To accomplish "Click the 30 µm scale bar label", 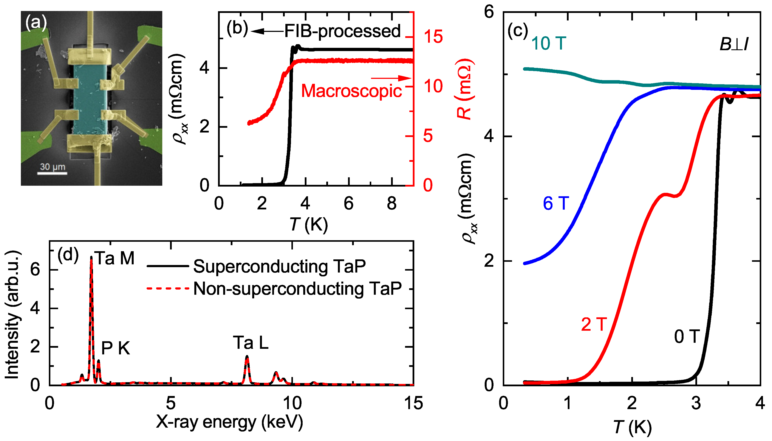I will (x=53, y=167).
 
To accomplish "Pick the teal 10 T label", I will (x=548, y=43).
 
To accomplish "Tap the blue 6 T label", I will (x=556, y=203).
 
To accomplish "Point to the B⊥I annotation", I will (x=733, y=45).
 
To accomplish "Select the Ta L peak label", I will (x=251, y=343).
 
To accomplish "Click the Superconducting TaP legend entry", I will (x=279, y=266).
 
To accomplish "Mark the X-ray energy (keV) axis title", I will (x=229, y=422).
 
